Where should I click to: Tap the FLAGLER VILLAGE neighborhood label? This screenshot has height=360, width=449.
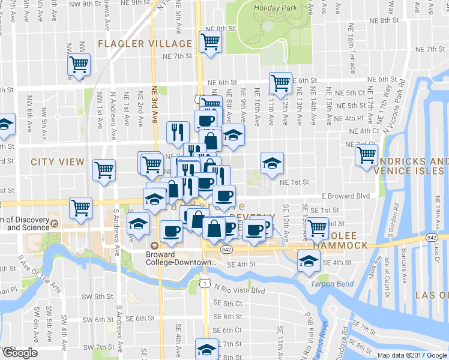[145, 44]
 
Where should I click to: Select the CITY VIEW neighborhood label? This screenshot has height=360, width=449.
[58, 162]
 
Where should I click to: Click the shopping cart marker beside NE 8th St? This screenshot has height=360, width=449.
[210, 42]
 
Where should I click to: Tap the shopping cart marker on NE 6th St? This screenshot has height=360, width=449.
[280, 83]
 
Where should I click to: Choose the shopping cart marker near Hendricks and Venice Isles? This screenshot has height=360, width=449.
[366, 155]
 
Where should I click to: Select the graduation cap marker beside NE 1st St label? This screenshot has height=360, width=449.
[271, 163]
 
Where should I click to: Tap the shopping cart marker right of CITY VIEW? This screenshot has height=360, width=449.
[104, 170]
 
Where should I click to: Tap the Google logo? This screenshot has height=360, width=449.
[19, 353]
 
